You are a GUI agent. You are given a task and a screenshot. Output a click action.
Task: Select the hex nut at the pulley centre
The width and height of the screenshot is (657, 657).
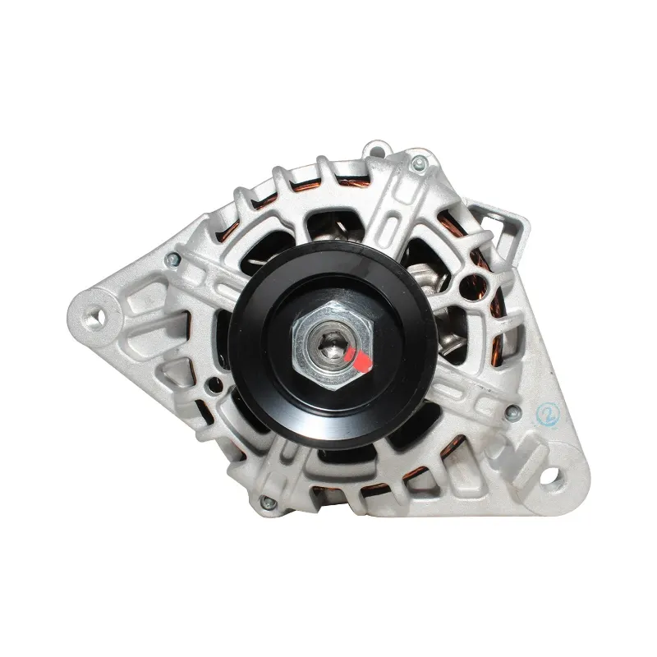point(332,345)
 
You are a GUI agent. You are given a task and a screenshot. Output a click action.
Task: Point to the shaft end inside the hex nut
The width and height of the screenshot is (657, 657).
point(330,344)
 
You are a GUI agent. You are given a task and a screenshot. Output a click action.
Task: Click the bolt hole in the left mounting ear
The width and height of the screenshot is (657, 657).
point(96,317)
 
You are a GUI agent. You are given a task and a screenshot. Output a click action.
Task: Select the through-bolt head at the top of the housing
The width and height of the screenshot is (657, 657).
point(419,162)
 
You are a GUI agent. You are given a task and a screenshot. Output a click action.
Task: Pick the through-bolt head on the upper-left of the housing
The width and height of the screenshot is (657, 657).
point(172,260)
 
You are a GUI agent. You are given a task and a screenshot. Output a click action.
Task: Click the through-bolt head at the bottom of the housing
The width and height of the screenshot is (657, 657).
point(268,503)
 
